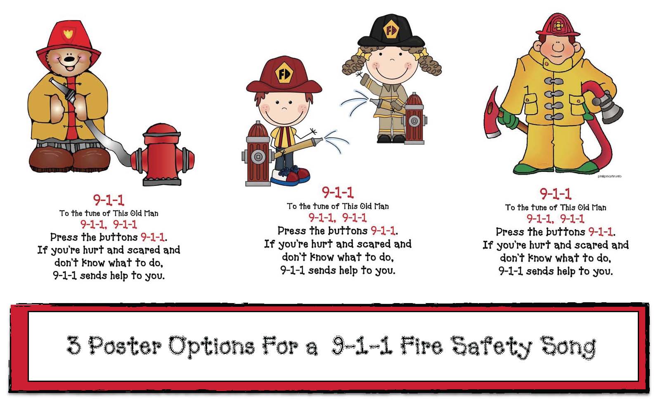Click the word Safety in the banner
[493, 346]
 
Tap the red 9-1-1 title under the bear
[109, 200]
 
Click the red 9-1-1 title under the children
[338, 192]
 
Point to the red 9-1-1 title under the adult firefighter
[556, 193]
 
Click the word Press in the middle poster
[292, 231]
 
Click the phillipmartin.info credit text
[609, 176]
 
